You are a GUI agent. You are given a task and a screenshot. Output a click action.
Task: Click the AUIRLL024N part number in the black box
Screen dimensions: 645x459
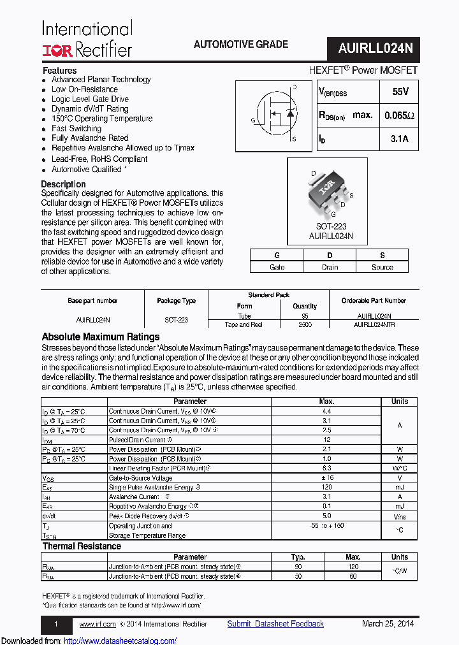click(x=375, y=48)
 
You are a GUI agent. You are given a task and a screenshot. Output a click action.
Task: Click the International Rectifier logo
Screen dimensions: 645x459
click(x=87, y=39)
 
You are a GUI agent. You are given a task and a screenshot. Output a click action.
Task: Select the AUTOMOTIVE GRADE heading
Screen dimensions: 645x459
click(x=240, y=45)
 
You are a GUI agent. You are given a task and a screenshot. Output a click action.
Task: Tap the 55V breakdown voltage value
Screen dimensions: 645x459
click(x=400, y=92)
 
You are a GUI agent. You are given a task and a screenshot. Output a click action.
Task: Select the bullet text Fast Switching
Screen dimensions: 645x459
click(x=76, y=128)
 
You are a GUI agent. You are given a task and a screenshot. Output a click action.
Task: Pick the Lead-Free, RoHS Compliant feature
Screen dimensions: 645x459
click(x=99, y=159)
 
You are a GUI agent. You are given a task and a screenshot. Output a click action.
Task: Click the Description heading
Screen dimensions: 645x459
click(x=63, y=184)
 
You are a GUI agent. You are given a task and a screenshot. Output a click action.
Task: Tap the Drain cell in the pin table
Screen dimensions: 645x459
click(x=330, y=267)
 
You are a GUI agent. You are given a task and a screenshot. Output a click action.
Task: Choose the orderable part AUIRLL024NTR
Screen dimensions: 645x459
click(x=374, y=324)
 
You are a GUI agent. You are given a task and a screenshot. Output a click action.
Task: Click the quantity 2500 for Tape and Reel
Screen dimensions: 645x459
click(x=305, y=324)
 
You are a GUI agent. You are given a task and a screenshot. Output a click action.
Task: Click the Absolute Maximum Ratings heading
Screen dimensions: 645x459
click(x=100, y=337)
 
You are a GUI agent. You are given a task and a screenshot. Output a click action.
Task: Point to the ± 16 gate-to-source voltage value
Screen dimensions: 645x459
click(x=326, y=477)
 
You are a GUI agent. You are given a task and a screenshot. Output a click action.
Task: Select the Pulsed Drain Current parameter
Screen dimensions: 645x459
click(x=138, y=440)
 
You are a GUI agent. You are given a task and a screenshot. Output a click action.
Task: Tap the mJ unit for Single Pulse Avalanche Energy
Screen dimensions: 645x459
click(x=399, y=487)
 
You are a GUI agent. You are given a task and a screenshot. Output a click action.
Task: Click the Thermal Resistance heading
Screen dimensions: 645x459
click(x=82, y=546)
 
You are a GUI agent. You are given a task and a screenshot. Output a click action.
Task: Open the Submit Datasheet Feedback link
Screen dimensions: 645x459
click(x=275, y=624)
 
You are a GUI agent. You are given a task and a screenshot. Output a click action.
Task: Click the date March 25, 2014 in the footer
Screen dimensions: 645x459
click(x=388, y=624)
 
